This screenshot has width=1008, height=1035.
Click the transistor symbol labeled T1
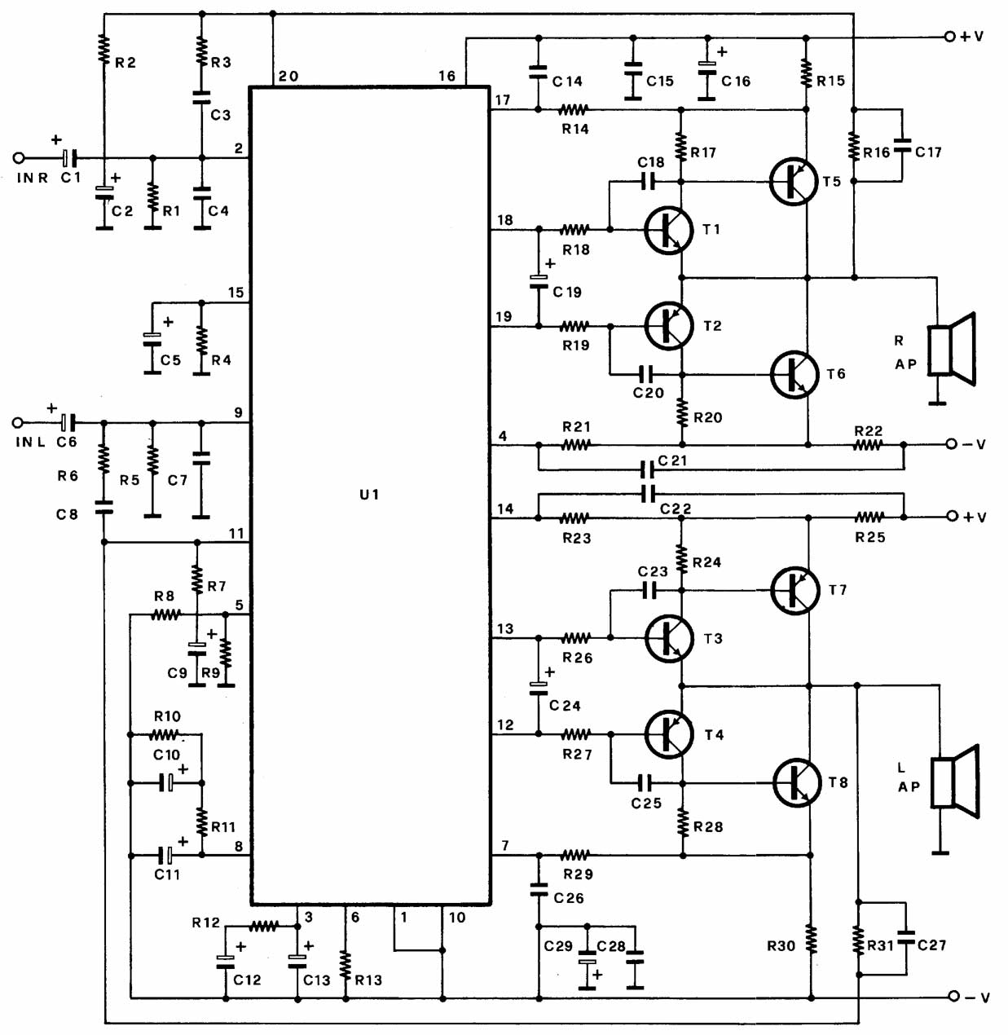tap(669, 230)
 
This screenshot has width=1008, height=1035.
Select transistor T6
tap(795, 374)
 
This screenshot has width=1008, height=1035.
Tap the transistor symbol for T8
tap(796, 782)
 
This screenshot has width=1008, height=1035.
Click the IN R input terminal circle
tap(19, 158)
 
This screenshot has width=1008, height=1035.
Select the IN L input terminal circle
tap(18, 422)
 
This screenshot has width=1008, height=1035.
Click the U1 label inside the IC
tap(369, 495)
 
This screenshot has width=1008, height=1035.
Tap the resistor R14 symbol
tap(574, 109)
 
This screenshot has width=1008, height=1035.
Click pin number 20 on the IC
tap(288, 77)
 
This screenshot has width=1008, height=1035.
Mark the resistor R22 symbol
tap(868, 445)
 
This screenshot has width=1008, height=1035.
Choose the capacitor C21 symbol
tap(648, 469)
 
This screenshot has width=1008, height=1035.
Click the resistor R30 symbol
tap(811, 939)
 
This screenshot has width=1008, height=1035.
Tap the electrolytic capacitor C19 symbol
tap(539, 281)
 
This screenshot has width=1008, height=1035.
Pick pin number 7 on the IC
tap(505, 846)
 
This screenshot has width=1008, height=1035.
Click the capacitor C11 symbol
tap(166, 855)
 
